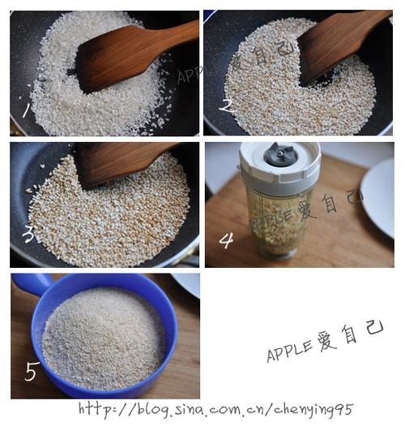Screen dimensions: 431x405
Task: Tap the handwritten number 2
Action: pyautogui.click(x=226, y=106)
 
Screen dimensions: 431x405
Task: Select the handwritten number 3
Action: pyautogui.click(x=28, y=235)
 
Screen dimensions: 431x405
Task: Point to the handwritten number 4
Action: pyautogui.click(x=226, y=239)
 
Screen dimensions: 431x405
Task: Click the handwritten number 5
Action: pyautogui.click(x=32, y=372)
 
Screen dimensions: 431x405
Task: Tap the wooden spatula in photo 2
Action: pyautogui.click(x=336, y=45)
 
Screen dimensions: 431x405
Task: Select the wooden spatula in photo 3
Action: pyautogui.click(x=122, y=162)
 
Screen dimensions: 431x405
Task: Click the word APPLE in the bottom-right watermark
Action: pyautogui.click(x=289, y=348)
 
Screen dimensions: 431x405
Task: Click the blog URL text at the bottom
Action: pyautogui.click(x=215, y=409)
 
